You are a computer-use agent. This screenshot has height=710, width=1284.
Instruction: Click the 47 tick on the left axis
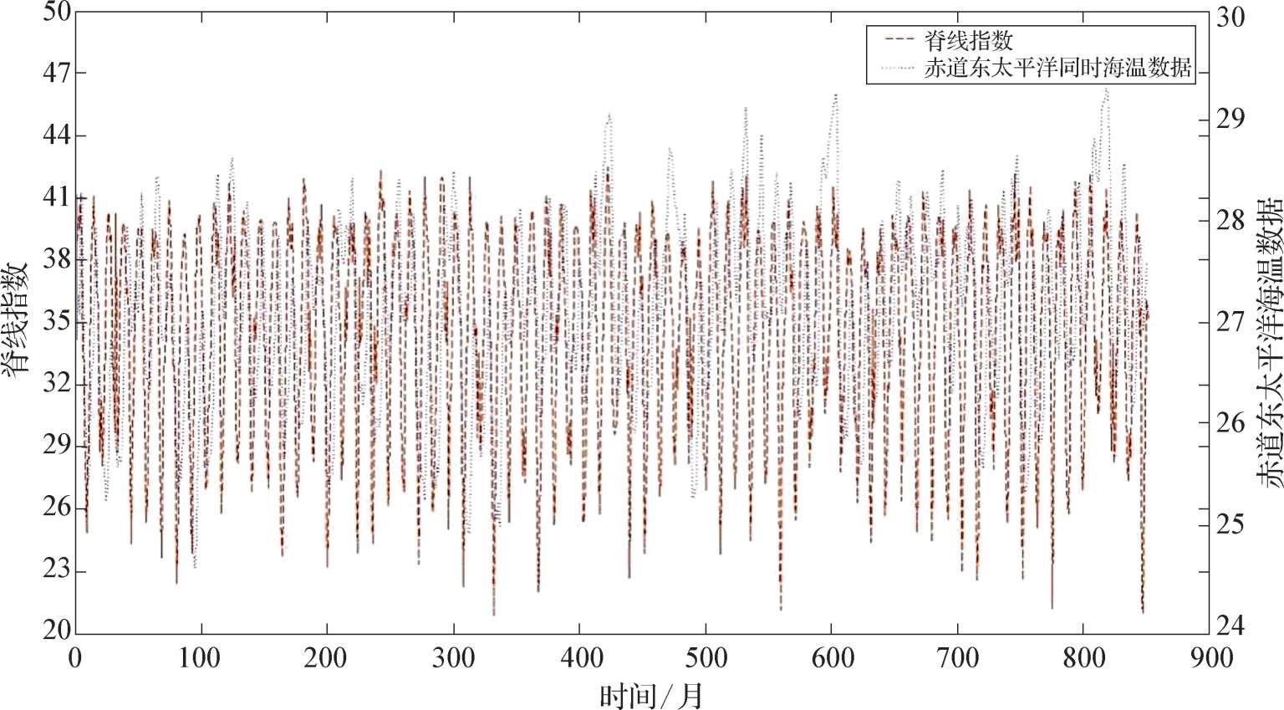point(57,74)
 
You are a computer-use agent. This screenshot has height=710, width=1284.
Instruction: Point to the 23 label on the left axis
point(57,572)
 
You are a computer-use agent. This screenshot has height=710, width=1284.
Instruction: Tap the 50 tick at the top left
point(57,13)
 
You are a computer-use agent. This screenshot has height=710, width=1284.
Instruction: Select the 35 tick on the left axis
point(57,323)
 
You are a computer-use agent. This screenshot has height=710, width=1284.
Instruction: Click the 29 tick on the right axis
point(1229,119)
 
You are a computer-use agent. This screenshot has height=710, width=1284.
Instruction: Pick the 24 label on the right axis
point(1229,625)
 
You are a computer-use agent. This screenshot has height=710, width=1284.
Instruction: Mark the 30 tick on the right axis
point(1229,18)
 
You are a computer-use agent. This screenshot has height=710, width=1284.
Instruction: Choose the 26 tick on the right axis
point(1229,422)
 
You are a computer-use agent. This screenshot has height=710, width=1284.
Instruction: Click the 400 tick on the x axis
point(579,658)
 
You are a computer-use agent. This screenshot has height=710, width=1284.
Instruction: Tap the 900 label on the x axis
point(1210,658)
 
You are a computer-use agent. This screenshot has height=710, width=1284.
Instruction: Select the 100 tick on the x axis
point(201,658)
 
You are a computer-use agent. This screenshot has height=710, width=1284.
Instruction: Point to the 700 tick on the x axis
point(957,658)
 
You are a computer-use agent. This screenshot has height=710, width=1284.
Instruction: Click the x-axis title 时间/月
point(651,695)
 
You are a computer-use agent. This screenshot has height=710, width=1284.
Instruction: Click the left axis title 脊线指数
point(18,319)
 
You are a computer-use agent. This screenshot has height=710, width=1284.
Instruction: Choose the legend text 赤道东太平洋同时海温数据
point(1057,69)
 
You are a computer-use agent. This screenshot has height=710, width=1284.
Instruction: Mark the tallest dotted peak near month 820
point(1106,89)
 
